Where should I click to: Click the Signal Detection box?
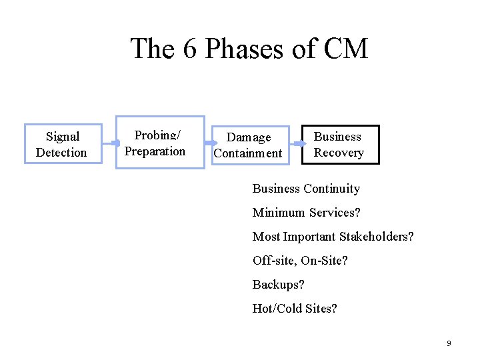[x=63, y=144]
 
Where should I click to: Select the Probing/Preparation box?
[x=160, y=143]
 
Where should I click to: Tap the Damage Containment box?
[x=251, y=145]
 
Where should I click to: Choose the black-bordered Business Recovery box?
[x=340, y=144]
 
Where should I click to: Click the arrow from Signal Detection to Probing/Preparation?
[x=110, y=143]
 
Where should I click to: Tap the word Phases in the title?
[x=247, y=49]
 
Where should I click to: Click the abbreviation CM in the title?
[x=345, y=49]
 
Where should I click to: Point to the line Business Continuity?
[x=306, y=189]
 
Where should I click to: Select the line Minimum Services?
[x=306, y=213]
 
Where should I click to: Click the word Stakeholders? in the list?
[x=378, y=237]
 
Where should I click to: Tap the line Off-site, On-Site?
[x=300, y=261]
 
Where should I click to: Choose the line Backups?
[x=278, y=285]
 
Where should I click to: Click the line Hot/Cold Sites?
[x=295, y=309]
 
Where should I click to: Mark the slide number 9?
[x=449, y=343]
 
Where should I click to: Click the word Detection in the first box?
[x=61, y=153]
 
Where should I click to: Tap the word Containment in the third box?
[x=248, y=153]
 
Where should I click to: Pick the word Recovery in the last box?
[x=339, y=153]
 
